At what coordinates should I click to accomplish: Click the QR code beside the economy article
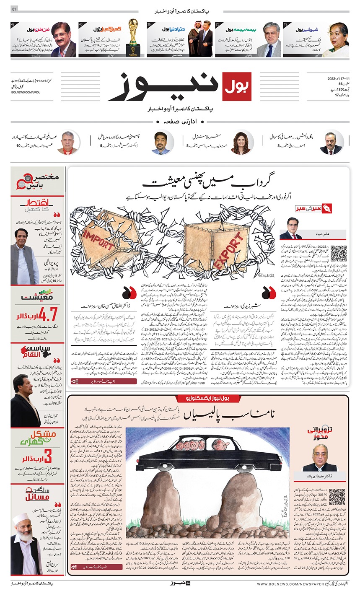[339, 253]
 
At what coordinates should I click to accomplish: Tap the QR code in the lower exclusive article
[337, 497]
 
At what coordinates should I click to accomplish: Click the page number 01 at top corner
[15, 9]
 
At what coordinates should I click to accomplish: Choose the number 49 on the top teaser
[13, 24]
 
